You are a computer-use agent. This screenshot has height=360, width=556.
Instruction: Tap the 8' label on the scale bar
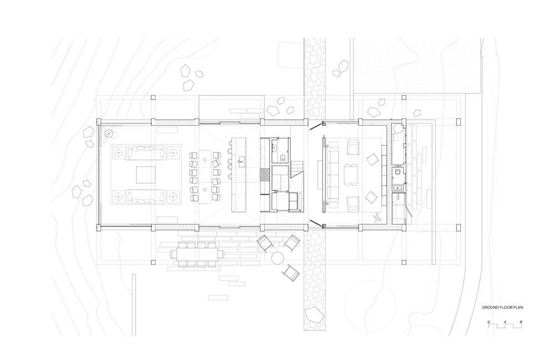(520, 322)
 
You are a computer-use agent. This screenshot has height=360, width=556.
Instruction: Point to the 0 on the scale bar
(488, 322)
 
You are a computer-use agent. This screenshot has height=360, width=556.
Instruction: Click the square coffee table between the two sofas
(146, 175)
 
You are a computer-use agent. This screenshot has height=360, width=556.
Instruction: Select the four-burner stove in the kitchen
(265, 175)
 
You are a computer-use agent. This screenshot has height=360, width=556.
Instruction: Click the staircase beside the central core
(297, 169)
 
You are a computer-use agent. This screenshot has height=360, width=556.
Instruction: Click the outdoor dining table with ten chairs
(198, 254)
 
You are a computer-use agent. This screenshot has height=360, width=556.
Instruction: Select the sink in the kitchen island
(242, 161)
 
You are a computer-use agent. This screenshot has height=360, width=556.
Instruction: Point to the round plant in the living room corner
(110, 134)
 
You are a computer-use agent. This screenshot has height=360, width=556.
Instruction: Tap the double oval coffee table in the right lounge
(351, 175)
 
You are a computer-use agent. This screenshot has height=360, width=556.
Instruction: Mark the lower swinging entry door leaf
(316, 223)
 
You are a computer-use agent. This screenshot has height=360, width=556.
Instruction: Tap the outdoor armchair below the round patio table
(291, 273)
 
